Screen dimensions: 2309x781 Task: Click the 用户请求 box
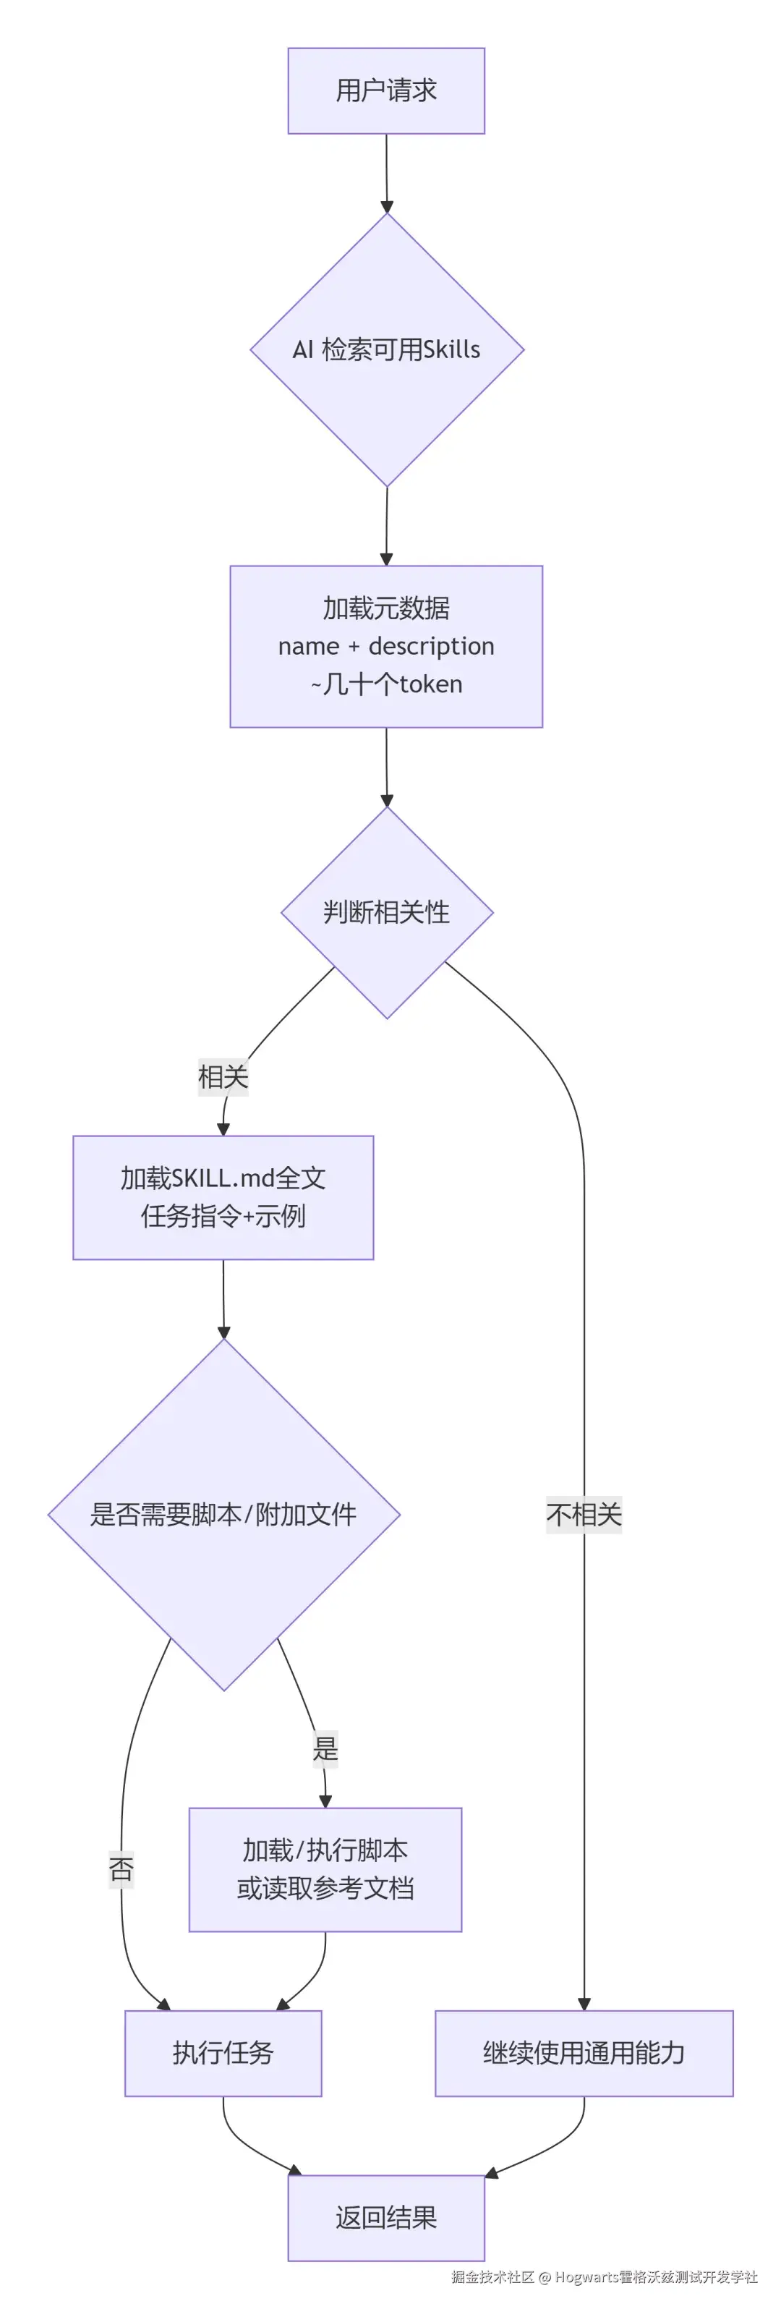[x=386, y=90]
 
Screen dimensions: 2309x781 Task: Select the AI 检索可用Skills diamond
[x=386, y=349]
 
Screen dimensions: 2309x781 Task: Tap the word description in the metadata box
[x=431, y=646]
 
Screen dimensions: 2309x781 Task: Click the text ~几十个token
[x=386, y=684]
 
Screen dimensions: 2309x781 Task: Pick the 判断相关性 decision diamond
[x=386, y=912]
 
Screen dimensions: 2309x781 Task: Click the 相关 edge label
[x=223, y=1076]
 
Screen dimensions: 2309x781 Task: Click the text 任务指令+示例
[x=223, y=1217]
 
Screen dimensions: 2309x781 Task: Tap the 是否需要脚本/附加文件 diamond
[x=223, y=1515]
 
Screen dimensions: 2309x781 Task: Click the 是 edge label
[x=325, y=1748]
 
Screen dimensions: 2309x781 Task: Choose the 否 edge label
[x=121, y=1869]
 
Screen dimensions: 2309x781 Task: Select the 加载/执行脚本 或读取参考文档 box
[x=325, y=1870]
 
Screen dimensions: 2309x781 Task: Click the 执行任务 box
[x=223, y=2053]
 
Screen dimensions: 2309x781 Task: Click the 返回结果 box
[x=386, y=2218]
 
